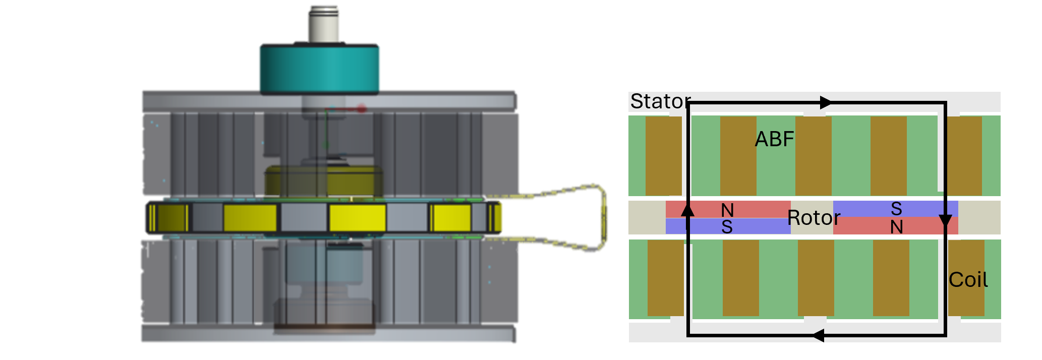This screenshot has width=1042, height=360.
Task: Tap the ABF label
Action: point(774,139)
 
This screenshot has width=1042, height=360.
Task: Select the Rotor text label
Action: point(814,218)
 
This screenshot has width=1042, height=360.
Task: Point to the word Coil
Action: point(968,280)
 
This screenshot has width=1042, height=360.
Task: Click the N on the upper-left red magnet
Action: point(727,210)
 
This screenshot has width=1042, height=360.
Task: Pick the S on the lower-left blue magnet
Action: point(727,227)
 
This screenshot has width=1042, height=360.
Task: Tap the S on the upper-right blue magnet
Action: point(896,208)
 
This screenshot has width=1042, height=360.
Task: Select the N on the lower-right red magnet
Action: point(896,227)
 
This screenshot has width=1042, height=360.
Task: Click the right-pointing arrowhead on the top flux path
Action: point(825,102)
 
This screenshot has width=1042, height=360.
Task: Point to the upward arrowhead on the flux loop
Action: point(687,208)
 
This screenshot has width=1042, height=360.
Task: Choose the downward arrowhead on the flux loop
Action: point(945,221)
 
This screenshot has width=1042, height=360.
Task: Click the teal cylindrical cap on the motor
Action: point(319,68)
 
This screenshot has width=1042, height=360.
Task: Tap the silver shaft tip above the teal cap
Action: point(324,23)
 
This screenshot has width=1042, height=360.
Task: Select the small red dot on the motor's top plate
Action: point(362,108)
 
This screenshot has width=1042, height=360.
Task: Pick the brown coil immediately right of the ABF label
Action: point(813,156)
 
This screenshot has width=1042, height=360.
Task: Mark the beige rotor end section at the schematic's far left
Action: point(647,218)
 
